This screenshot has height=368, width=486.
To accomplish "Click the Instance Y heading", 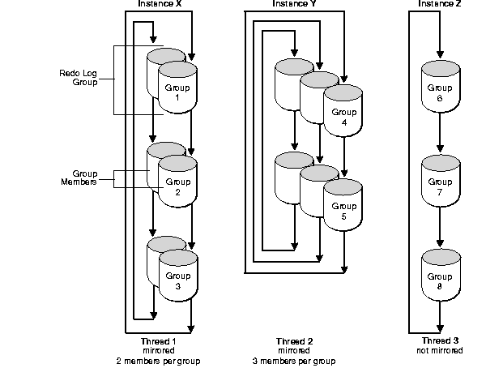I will [x=296, y=4].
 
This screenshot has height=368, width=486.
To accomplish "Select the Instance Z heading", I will [x=440, y=4].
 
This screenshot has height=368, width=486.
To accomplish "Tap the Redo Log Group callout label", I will [x=79, y=78].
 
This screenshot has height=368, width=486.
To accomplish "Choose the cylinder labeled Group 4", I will [x=343, y=118].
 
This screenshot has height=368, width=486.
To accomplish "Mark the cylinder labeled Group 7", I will [x=439, y=186].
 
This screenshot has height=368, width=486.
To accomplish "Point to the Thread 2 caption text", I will [x=295, y=341].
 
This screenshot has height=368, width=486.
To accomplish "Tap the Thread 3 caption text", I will [x=440, y=341].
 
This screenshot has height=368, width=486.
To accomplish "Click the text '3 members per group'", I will [x=295, y=361].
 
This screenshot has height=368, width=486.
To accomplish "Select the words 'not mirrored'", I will [x=440, y=351].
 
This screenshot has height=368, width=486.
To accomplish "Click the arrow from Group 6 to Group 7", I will [x=439, y=137].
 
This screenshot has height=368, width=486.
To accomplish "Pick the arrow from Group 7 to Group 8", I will [x=439, y=232].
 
